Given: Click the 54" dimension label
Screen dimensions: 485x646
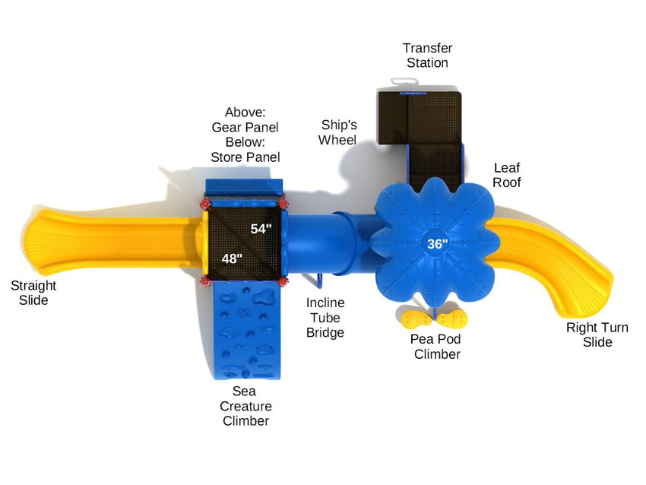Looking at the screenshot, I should (261, 228).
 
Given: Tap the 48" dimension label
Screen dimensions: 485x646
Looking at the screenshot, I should (232, 258).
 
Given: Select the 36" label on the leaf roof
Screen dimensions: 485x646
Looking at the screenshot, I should (436, 244).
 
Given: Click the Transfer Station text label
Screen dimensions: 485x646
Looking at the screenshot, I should (427, 55).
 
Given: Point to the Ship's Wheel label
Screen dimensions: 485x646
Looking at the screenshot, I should (338, 132).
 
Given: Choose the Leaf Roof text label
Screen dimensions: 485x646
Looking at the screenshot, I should (507, 175).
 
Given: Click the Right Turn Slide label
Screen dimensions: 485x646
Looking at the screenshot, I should (597, 334).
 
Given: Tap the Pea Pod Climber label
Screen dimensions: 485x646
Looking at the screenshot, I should (436, 347).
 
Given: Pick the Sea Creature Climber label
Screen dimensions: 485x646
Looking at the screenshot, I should (245, 406).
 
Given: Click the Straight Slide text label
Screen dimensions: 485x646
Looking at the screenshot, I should (33, 293).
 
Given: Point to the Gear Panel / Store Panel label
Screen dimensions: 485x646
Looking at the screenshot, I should (245, 135).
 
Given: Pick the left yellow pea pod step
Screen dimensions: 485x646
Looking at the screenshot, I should (417, 317).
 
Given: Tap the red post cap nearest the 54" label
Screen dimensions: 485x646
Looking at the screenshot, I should (283, 204).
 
